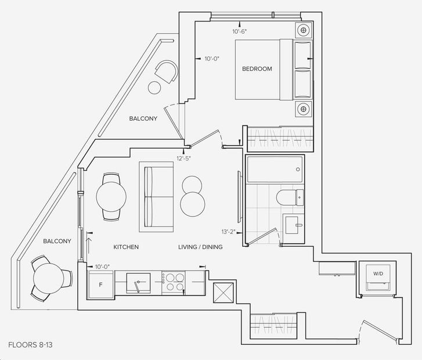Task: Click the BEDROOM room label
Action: (x=257, y=69)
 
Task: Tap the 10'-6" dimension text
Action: (x=240, y=31)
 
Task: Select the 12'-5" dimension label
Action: (x=183, y=159)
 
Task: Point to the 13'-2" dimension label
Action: (x=229, y=232)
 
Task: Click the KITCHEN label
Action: (x=126, y=247)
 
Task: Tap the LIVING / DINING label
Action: (x=200, y=247)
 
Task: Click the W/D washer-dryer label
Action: (x=378, y=273)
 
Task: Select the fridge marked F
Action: (x=100, y=285)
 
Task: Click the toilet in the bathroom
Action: (x=290, y=197)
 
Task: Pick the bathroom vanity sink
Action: (x=293, y=225)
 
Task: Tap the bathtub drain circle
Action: (x=298, y=170)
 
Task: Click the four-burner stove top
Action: (x=174, y=283)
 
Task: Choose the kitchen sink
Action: (x=138, y=283)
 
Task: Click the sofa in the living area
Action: (x=156, y=197)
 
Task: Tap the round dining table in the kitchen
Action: (x=111, y=197)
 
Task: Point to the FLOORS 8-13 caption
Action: (x=30, y=345)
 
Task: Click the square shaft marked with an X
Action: (x=223, y=293)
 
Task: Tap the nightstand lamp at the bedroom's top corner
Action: (x=304, y=30)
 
